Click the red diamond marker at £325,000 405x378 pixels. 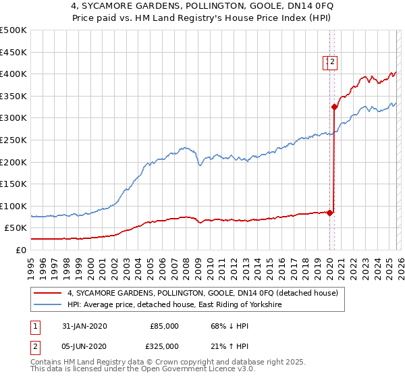[334, 107]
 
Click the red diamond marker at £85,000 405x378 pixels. [330, 213]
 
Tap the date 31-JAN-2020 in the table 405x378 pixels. [84, 326]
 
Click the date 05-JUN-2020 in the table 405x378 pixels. [84, 346]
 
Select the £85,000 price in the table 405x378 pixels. [164, 326]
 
